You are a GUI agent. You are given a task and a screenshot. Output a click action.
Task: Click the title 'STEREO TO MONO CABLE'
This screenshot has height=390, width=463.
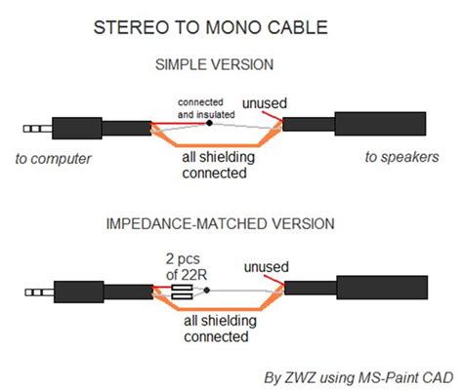231,30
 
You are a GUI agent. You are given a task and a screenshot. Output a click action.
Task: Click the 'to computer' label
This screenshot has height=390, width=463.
55,157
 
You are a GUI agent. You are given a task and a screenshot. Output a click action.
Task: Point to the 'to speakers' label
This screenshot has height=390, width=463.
401,157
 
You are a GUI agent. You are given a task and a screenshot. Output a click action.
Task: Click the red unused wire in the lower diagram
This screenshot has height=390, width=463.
275,283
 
